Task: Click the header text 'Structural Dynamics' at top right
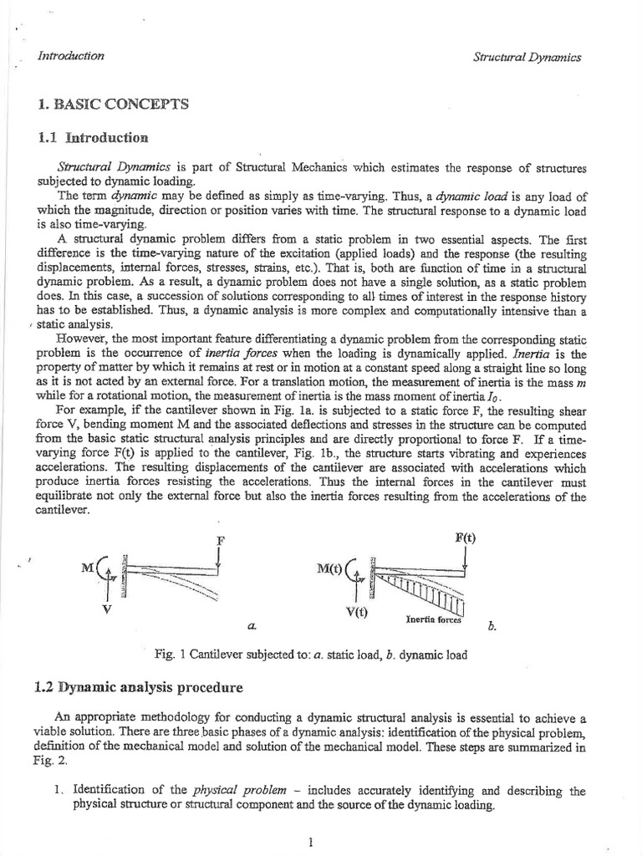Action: [527, 58]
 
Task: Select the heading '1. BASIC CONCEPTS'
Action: [114, 104]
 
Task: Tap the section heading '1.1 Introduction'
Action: [93, 137]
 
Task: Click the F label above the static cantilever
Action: [220, 540]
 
